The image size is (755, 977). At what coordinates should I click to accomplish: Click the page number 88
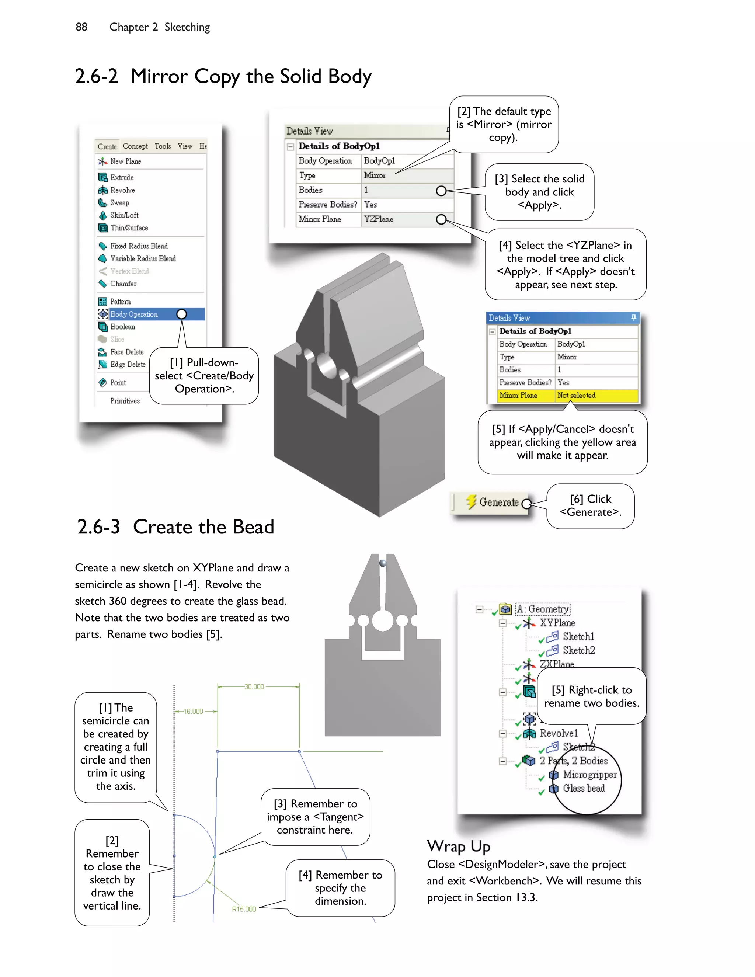[x=81, y=27]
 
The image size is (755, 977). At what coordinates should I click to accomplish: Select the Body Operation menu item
[x=134, y=314]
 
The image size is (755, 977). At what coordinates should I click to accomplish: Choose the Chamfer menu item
[x=123, y=284]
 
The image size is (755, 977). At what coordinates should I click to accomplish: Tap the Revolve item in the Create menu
[x=122, y=190]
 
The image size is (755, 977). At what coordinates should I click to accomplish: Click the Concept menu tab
[x=135, y=146]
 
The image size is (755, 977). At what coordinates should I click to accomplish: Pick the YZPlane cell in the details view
[x=378, y=219]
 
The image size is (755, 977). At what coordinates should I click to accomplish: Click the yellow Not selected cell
[x=576, y=396]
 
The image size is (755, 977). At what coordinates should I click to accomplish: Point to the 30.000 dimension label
[x=254, y=687]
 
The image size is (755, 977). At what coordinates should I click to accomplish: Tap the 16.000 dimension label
[x=193, y=711]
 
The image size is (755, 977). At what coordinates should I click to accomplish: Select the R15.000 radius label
[x=244, y=909]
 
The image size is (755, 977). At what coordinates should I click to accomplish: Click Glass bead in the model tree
[x=584, y=788]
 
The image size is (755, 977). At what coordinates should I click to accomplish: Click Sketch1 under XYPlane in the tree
[x=578, y=637]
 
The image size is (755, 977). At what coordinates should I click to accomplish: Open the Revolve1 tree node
[x=558, y=733]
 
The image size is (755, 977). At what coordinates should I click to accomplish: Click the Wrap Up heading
[x=459, y=846]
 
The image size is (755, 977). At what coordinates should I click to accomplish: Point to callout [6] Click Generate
[x=591, y=506]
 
